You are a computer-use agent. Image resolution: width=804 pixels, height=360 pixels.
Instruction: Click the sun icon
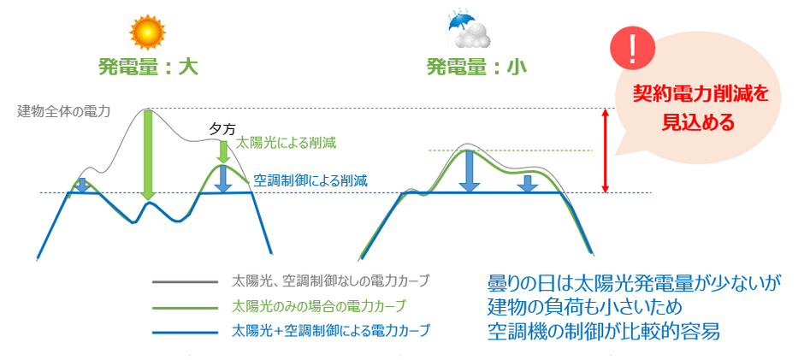click(148, 32)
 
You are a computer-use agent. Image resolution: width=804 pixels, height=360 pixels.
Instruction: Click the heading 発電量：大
click(148, 68)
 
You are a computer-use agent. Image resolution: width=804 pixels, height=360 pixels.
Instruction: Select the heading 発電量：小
click(470, 68)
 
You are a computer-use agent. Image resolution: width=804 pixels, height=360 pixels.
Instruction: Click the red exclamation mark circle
click(632, 48)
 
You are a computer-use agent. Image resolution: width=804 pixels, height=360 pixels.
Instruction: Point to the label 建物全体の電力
click(63, 111)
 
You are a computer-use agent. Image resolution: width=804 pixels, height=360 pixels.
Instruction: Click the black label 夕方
click(222, 130)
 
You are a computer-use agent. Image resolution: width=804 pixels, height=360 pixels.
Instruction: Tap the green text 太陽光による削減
click(286, 144)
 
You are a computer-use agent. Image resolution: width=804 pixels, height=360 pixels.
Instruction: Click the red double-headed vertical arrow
click(606, 150)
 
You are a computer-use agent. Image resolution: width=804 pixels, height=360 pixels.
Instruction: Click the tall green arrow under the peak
click(148, 155)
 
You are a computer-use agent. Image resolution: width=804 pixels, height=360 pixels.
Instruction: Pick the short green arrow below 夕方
click(222, 152)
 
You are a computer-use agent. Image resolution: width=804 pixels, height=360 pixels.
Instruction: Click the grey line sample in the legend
click(185, 281)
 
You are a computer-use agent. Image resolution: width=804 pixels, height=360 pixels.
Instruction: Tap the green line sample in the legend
click(185, 307)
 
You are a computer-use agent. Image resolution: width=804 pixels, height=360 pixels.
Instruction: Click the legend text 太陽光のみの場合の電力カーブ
click(318, 307)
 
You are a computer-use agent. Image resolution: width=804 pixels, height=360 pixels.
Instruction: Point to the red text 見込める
click(700, 122)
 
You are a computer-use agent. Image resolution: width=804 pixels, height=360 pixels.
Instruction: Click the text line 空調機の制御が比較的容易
click(604, 331)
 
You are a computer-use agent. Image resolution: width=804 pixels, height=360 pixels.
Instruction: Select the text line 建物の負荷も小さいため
click(584, 307)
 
